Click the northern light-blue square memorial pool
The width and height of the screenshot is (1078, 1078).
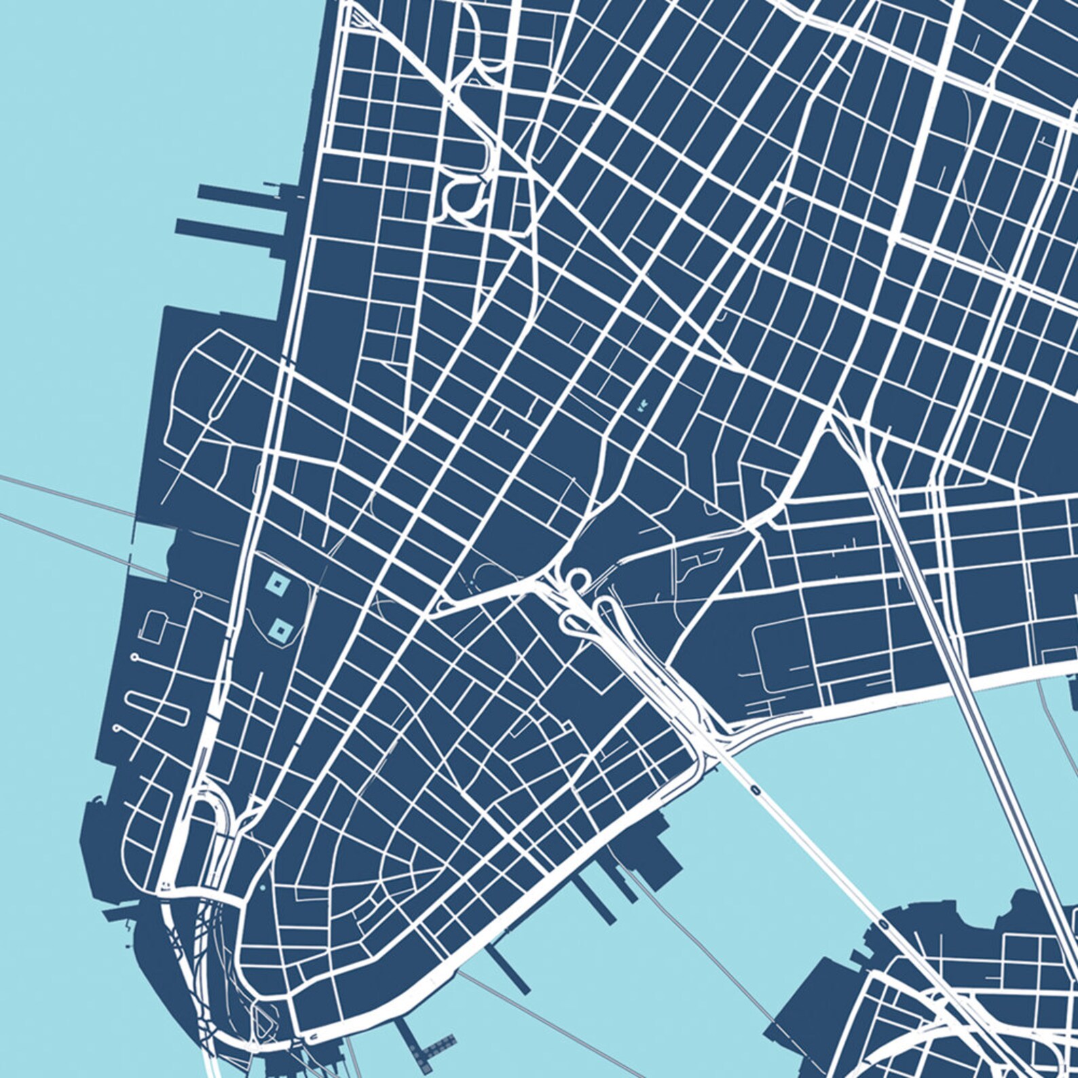pyautogui.click(x=277, y=582)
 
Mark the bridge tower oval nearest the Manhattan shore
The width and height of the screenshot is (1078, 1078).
pyautogui.click(x=755, y=789)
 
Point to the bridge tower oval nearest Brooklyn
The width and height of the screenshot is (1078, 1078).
pyautogui.click(x=882, y=924)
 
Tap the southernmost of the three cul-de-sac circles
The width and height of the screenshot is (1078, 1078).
pyautogui.click(x=119, y=728)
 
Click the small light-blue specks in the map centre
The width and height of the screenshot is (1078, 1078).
pyautogui.click(x=641, y=408)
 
